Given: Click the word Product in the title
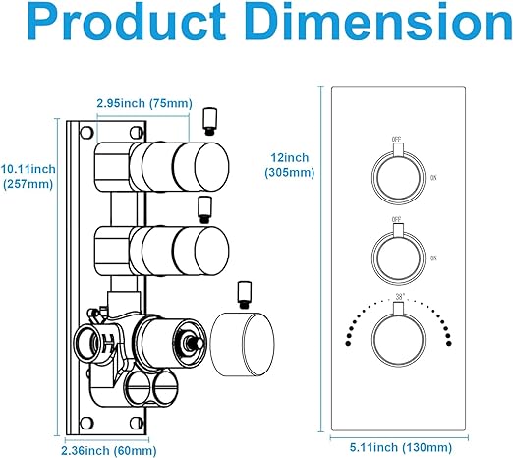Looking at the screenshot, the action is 127,23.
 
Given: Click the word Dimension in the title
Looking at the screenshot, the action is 380,22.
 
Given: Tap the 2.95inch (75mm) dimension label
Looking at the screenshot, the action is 144,103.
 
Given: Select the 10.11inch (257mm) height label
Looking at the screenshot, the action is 28,176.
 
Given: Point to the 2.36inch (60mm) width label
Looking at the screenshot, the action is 109,450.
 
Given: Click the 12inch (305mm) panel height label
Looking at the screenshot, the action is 290,165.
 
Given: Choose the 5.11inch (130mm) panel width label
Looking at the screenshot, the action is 401,447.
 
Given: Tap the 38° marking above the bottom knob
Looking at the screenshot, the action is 400,297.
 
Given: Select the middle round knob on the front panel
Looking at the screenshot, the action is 398,258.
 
